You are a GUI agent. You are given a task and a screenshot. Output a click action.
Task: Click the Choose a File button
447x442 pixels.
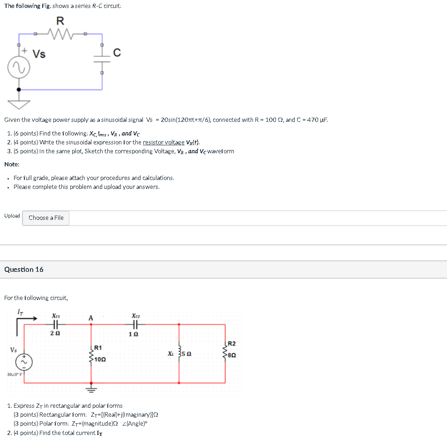46,218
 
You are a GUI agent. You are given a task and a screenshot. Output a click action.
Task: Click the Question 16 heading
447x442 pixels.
24,270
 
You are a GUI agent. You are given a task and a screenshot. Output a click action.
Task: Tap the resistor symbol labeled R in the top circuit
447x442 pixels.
60,33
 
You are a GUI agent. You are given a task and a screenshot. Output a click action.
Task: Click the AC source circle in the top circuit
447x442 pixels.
19,69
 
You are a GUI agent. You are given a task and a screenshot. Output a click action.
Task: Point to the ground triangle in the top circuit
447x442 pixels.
19,103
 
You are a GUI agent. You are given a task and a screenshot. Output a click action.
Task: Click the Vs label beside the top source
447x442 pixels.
39,54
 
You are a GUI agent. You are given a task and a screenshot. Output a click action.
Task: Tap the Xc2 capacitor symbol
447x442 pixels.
135,324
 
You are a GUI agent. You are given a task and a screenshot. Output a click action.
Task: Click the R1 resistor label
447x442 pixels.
98,348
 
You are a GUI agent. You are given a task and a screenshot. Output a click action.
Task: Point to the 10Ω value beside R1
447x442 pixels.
100,360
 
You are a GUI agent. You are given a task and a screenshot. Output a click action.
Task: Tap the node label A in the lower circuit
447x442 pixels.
90,318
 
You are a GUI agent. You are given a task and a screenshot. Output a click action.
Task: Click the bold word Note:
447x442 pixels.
12,165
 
